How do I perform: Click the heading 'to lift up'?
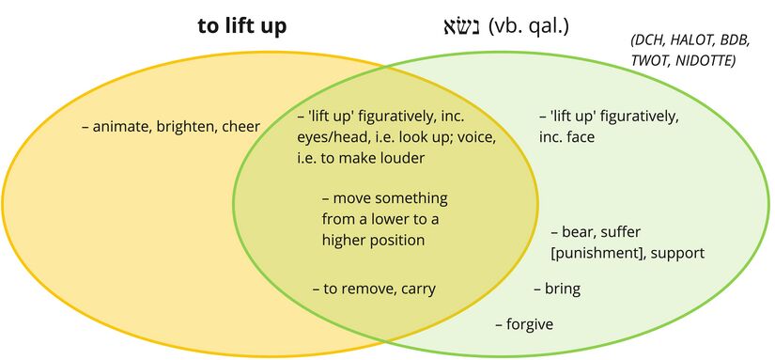pyautogui.click(x=241, y=26)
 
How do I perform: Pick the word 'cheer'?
pyautogui.click(x=240, y=126)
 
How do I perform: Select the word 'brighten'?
pyautogui.click(x=186, y=126)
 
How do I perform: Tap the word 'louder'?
pyautogui.click(x=400, y=158)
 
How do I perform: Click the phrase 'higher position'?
pyautogui.click(x=373, y=240)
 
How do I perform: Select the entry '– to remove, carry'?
pyautogui.click(x=374, y=289)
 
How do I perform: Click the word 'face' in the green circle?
pyautogui.click(x=580, y=136)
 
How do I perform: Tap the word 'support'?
pyautogui.click(x=676, y=253)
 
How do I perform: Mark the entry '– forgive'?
pyautogui.click(x=523, y=324)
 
